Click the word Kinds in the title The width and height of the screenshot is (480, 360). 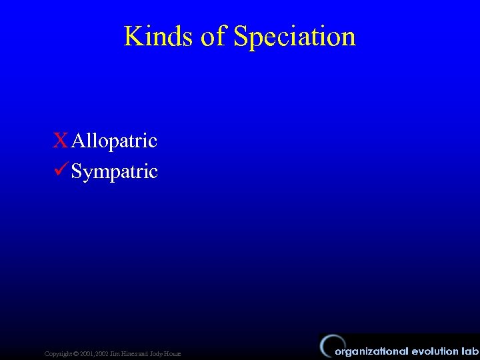pos(159,36)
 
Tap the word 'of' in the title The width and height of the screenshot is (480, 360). pos(214,36)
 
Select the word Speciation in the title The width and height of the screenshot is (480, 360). pos(295,36)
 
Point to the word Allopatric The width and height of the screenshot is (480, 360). pos(114,141)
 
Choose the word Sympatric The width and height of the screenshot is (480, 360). pos(114,172)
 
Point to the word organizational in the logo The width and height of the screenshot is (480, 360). pos(371,351)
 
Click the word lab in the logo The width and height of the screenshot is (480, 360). pos(470,351)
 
